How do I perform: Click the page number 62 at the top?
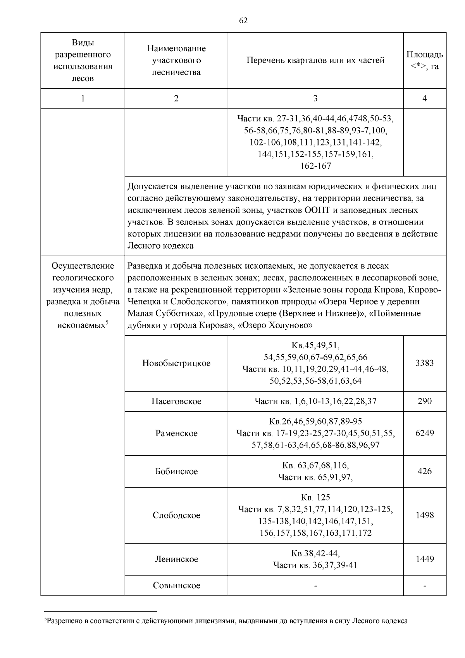(x=243, y=21)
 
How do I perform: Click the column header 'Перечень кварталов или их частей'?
(x=315, y=60)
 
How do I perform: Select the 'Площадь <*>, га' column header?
(x=425, y=60)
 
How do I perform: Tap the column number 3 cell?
(x=315, y=98)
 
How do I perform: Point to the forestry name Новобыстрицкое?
(x=176, y=363)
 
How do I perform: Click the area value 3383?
(x=425, y=363)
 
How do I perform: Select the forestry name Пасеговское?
(x=176, y=401)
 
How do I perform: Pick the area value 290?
(x=425, y=401)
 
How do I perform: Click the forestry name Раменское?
(x=176, y=433)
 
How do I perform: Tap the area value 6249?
(x=425, y=433)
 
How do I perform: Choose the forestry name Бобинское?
(x=176, y=471)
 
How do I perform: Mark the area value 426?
(x=425, y=471)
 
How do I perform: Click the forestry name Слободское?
(x=176, y=515)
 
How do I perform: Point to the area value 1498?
(x=425, y=515)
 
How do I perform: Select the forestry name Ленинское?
(x=176, y=559)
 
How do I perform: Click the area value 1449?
(x=425, y=559)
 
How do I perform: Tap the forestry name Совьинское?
(x=176, y=585)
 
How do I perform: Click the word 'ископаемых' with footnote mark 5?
(x=81, y=326)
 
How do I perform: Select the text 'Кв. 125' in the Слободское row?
(x=315, y=497)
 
